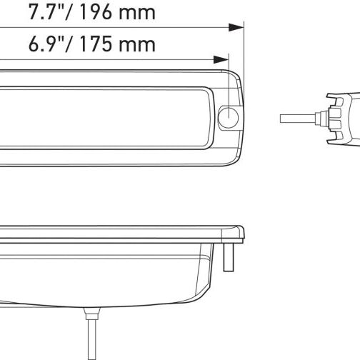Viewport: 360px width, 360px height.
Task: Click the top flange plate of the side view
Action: pos(121,233)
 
